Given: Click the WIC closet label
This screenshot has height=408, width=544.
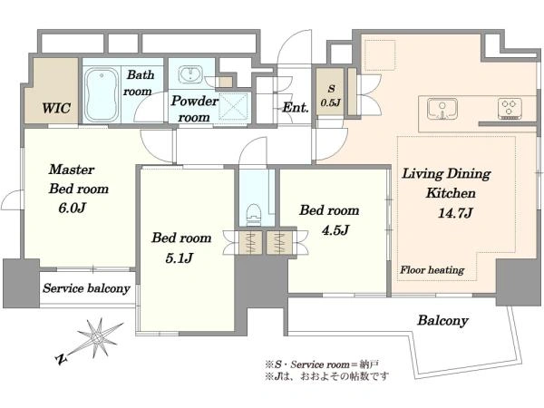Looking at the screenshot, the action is (56, 108).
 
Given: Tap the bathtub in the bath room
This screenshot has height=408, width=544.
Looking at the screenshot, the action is (102, 94).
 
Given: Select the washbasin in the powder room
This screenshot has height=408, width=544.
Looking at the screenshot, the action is (190, 74).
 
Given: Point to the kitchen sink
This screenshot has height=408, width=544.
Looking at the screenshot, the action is (442, 109).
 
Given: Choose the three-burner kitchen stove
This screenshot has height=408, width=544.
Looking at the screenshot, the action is (510, 109).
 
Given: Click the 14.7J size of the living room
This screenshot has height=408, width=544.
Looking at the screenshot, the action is (455, 213).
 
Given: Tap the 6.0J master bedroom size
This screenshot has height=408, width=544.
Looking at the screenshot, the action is (73, 208).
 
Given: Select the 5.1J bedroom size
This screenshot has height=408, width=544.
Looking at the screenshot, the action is (179, 258).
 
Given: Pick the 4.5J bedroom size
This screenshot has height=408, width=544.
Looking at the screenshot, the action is (335, 230).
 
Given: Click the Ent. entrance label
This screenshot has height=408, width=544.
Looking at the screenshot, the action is (296, 108).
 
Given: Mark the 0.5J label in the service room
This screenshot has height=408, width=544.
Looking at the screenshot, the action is (331, 102).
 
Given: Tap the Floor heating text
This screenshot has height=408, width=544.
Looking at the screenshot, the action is (432, 270).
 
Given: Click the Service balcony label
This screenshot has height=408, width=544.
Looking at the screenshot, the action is (86, 288).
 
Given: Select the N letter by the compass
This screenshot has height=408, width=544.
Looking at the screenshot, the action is (61, 359).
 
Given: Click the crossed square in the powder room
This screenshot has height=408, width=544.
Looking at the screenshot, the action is (233, 106).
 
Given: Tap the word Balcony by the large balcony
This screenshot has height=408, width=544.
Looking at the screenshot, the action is (442, 321).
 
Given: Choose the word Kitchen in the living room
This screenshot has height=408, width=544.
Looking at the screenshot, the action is (451, 193).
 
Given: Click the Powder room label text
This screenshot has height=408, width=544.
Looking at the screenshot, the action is (195, 109).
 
